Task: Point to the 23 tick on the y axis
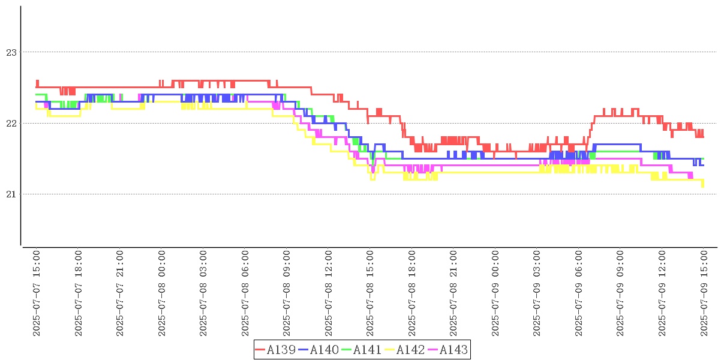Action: tap(10, 53)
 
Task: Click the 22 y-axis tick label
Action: tap(10, 124)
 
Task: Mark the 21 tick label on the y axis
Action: tap(10, 194)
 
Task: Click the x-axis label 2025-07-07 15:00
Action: tap(37, 293)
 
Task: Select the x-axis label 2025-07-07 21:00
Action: tap(120, 293)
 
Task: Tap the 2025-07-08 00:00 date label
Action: tap(162, 293)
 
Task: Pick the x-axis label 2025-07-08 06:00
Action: tap(245, 293)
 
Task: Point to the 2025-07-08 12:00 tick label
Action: tap(329, 293)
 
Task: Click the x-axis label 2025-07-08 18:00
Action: tap(412, 293)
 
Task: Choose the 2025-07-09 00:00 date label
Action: tap(495, 293)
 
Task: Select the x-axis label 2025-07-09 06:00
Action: tap(579, 293)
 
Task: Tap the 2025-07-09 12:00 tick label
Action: tap(662, 293)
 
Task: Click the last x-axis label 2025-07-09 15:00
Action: tap(704, 293)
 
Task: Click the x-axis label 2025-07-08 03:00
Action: tap(203, 293)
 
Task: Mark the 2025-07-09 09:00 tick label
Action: tap(621, 293)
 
